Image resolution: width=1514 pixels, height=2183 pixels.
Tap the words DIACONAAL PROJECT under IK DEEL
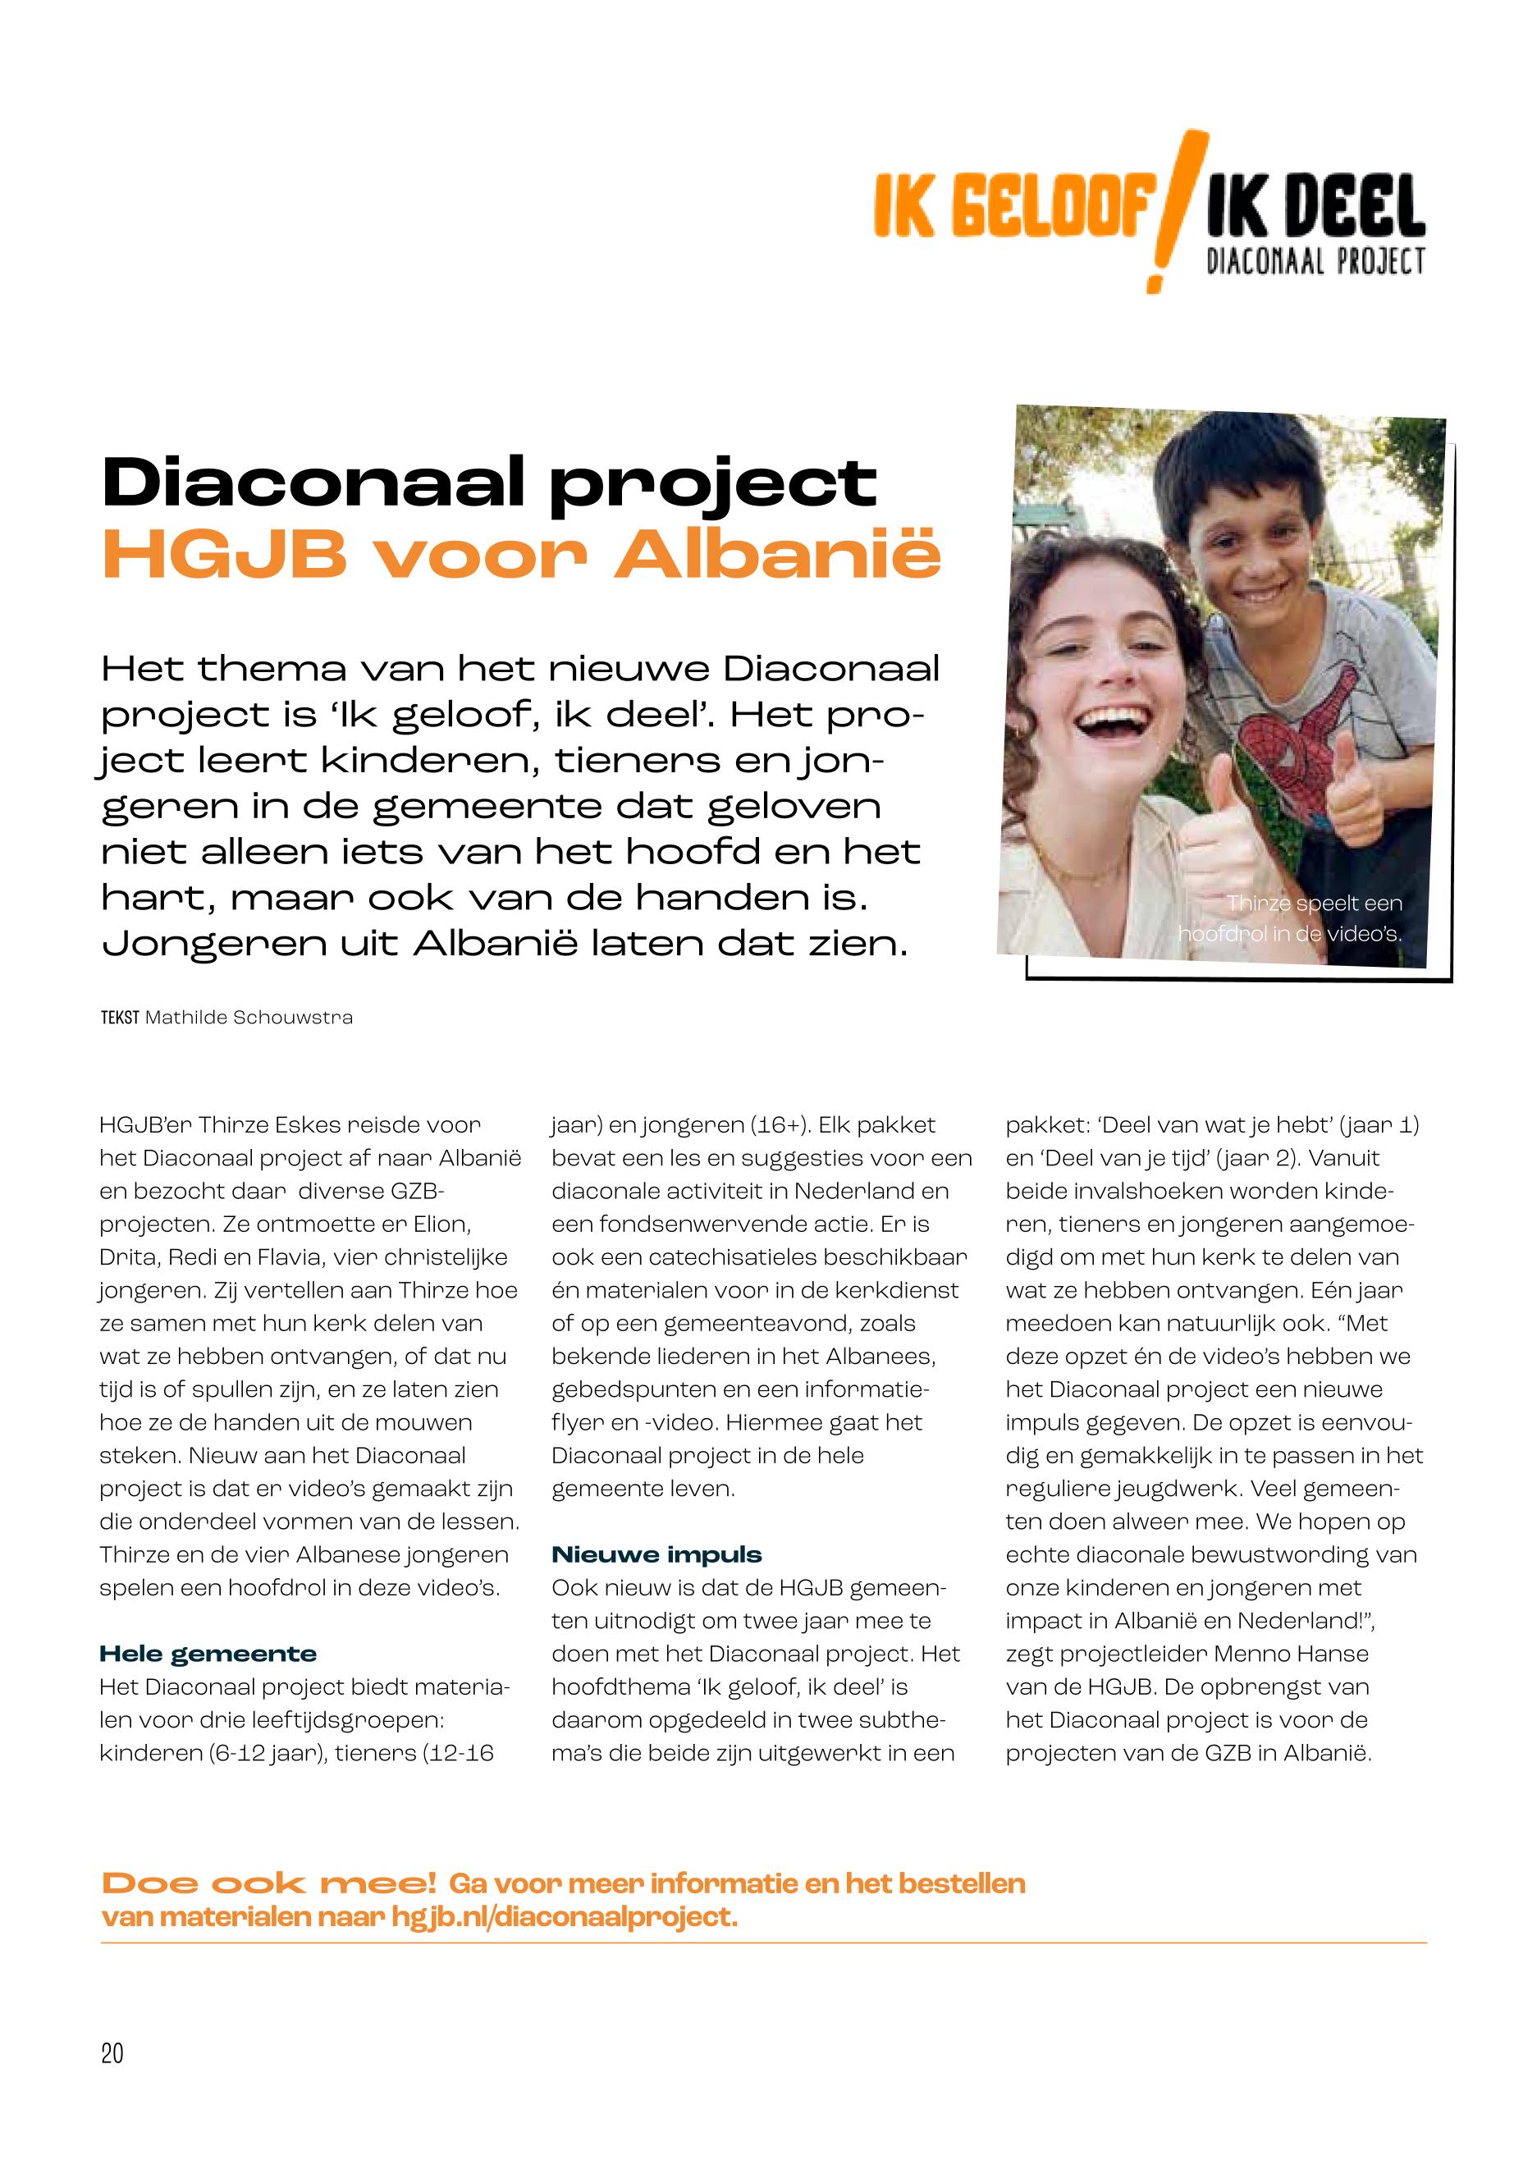click(x=1315, y=261)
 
